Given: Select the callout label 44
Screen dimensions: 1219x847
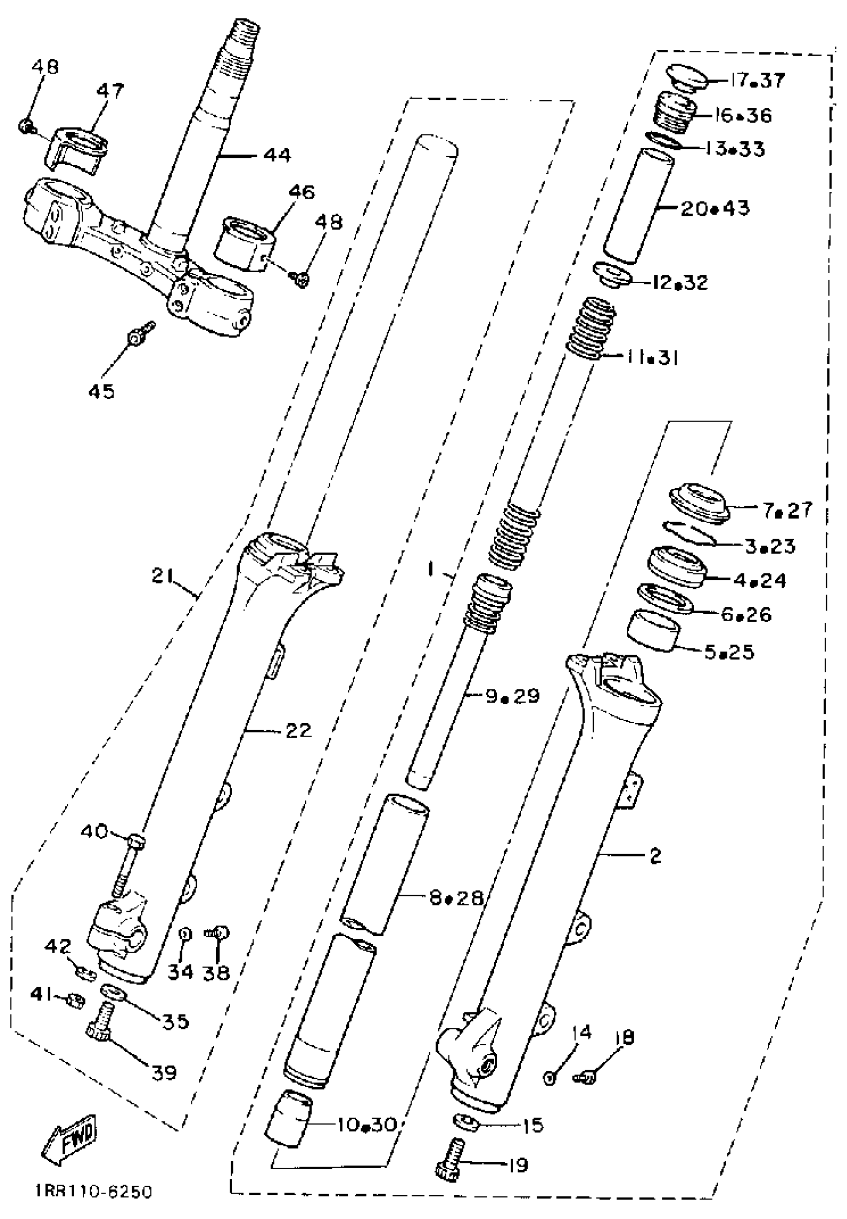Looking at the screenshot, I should (277, 155).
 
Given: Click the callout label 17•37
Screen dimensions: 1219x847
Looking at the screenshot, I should (757, 81).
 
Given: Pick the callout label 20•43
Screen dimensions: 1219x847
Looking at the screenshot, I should (715, 209).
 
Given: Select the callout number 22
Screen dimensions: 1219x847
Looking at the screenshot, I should (298, 731).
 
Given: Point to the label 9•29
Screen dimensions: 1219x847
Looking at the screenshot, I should (513, 695).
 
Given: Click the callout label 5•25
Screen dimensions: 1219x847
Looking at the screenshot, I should (729, 652).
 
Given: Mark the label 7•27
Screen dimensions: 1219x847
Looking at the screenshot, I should (788, 510).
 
